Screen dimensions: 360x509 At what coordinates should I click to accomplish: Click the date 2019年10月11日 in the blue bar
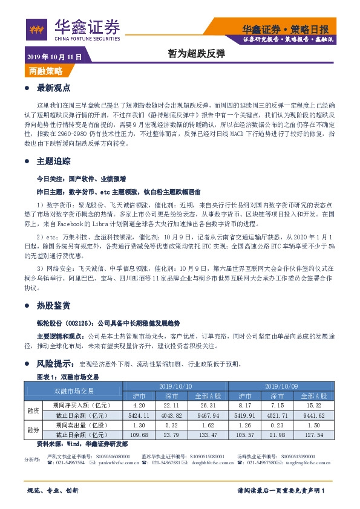54,57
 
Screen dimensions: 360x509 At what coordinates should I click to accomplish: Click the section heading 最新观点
54,88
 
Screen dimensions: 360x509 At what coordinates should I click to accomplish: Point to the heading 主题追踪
54,161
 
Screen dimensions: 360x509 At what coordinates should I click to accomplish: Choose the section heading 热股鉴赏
54,305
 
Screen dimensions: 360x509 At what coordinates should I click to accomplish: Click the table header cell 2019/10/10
175,386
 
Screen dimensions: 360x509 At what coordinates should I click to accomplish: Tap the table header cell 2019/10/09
281,386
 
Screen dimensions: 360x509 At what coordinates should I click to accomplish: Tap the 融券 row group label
33,430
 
